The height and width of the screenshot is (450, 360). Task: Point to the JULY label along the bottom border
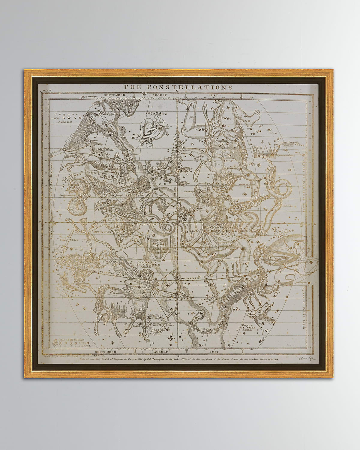click(214, 351)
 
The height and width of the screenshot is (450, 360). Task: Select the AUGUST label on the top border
click(159, 95)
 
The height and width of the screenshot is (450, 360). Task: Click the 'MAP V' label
click(46, 89)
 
